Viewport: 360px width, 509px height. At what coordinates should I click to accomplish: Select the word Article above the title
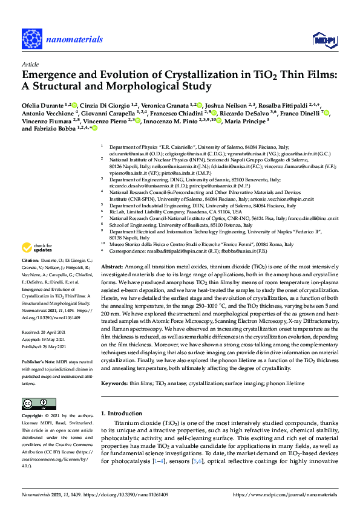(30, 64)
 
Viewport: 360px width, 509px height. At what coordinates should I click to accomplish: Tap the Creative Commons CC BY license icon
(35, 404)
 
